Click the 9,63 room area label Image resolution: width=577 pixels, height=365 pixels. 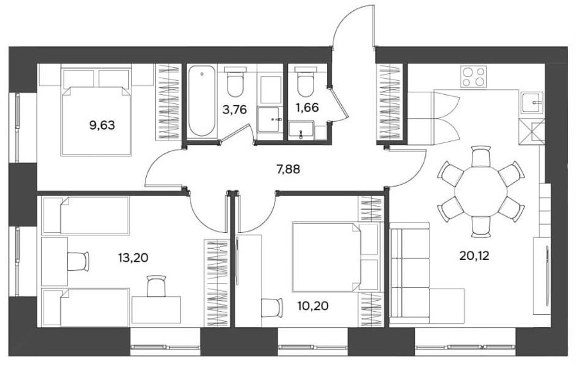pyautogui.click(x=102, y=126)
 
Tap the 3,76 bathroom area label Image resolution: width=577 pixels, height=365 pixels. pyautogui.click(x=234, y=110)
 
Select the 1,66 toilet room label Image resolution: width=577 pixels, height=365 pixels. pyautogui.click(x=307, y=108)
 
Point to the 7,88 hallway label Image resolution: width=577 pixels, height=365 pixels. pyautogui.click(x=288, y=169)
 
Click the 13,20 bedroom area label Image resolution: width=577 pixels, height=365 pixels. pyautogui.click(x=133, y=258)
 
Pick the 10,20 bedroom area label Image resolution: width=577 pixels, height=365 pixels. pyautogui.click(x=314, y=306)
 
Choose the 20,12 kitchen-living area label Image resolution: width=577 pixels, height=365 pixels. pyautogui.click(x=474, y=255)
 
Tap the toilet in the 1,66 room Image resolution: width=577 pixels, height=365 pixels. pyautogui.click(x=306, y=80)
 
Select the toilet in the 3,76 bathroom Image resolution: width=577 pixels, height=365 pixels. pyautogui.click(x=235, y=81)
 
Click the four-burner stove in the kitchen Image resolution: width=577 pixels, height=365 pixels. pyautogui.click(x=474, y=76)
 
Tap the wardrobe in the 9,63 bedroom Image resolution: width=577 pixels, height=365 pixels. pyautogui.click(x=168, y=102)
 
